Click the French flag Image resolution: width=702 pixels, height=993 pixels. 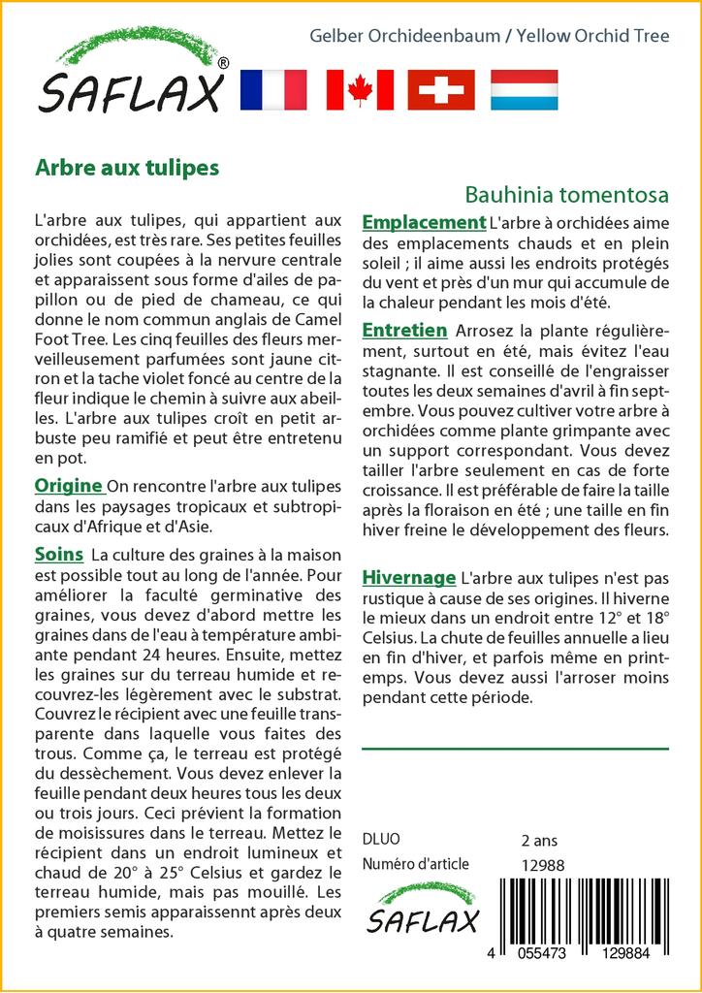click(272, 89)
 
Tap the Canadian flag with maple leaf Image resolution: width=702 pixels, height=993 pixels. click(360, 89)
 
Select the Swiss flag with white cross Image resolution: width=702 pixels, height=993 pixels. click(441, 89)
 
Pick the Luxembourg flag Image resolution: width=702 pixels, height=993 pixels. click(524, 89)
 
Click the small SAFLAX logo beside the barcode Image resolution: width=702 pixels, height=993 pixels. click(423, 909)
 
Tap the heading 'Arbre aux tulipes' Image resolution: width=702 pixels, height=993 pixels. click(127, 167)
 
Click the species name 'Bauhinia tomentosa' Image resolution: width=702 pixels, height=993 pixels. click(566, 194)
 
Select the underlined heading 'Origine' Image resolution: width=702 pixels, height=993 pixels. click(69, 486)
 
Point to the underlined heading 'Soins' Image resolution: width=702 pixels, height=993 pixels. click(59, 555)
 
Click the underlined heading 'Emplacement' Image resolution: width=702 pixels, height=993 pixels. click(424, 223)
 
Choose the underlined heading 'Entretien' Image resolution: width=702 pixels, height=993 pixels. click(404, 331)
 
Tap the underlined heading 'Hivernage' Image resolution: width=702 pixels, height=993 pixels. click(408, 578)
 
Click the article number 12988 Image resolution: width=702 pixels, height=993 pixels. click(542, 865)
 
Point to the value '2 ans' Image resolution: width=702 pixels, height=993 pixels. click(539, 840)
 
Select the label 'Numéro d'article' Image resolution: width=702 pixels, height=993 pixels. click(415, 864)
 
